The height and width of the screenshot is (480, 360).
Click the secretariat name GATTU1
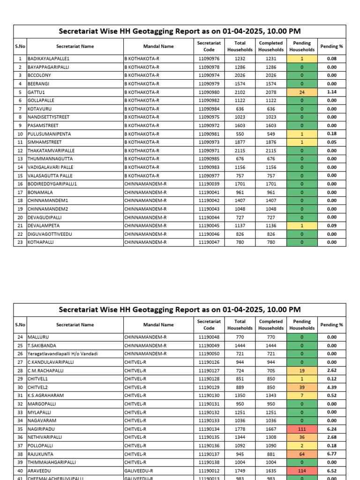tap(36, 92)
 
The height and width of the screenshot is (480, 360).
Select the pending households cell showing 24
tap(302, 92)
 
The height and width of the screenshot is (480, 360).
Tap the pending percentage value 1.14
tap(331, 92)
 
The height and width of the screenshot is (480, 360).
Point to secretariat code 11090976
tap(209, 59)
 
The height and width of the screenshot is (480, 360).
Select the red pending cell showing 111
tap(302, 429)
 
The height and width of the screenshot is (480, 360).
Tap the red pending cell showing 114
tap(302, 471)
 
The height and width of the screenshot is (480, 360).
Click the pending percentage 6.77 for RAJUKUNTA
tap(331, 454)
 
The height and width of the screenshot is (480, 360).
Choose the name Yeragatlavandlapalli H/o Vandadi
tap(62, 354)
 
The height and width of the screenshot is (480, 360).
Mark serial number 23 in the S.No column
tap(20, 242)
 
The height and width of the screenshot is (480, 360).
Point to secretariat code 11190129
tap(209, 387)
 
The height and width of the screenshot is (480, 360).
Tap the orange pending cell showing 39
tap(302, 387)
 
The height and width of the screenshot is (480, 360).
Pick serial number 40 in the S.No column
tap(20, 471)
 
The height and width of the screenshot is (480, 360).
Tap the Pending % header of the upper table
tap(331, 46)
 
